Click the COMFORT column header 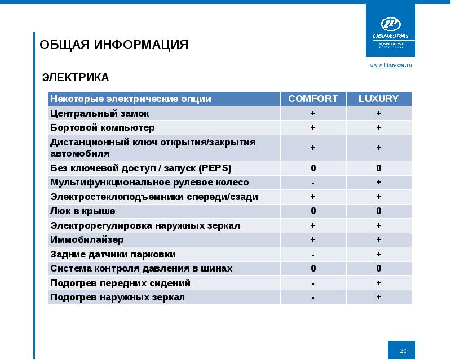click(313, 99)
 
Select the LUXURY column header click(378, 99)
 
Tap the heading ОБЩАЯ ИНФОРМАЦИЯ click(114, 45)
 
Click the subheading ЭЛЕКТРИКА click(76, 77)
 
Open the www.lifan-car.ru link click(391, 66)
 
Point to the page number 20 click(403, 351)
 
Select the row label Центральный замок click(91, 113)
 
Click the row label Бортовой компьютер click(102, 127)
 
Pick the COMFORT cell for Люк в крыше click(313, 211)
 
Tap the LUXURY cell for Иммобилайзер click(378, 240)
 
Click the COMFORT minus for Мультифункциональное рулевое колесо click(313, 183)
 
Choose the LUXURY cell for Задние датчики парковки click(378, 254)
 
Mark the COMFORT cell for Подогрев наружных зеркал click(313, 297)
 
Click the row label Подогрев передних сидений click(120, 283)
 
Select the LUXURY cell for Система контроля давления click(378, 269)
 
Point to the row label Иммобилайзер click(87, 240)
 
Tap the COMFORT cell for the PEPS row click(313, 168)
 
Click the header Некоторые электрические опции click(131, 99)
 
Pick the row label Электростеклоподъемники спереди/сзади click(154, 197)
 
